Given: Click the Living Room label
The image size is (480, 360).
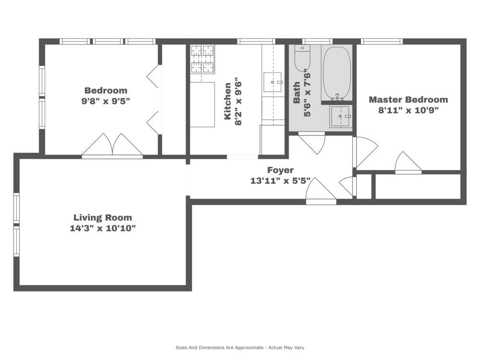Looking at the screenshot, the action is pos(103,217).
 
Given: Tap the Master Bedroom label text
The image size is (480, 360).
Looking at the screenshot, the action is pos(408,99).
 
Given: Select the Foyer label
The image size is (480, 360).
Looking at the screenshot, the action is pos(280,170).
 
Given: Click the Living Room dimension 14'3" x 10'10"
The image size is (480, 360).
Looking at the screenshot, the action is pos(103,228).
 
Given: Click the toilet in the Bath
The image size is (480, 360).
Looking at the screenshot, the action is pos(302,58).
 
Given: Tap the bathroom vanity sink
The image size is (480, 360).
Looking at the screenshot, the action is pos(340,116).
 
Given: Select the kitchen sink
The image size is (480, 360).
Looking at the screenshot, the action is pos(273,82).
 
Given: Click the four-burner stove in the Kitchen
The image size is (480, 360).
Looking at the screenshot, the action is pos(202,60).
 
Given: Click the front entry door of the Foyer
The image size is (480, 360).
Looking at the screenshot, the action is pos(321,191).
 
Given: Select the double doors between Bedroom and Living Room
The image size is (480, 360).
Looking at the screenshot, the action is pos(112,146).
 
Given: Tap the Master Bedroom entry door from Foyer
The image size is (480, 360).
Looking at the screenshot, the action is pos(365,152).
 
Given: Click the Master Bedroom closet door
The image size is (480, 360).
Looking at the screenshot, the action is pos(408,163).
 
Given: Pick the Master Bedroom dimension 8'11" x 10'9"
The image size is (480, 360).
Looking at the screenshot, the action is pos(408,110).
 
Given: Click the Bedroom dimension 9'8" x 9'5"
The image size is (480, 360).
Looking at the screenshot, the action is pos(106,101).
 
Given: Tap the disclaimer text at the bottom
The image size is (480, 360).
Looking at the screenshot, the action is pos(240,348).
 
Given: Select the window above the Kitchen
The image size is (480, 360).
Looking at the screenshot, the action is pos(256,41).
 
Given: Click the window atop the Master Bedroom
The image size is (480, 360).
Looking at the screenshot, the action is pos(382,41).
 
